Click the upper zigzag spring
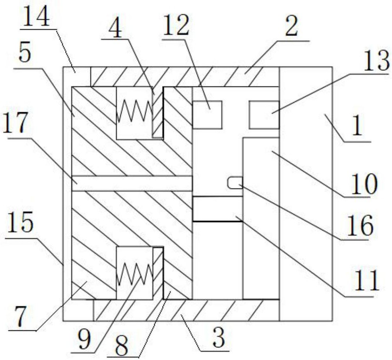click(x=134, y=112)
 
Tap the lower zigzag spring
click(x=134, y=272)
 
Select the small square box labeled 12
click(x=207, y=115)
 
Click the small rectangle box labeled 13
click(x=264, y=115)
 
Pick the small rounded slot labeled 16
click(x=234, y=183)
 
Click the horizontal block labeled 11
click(x=217, y=208)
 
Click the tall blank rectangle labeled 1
click(x=305, y=194)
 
